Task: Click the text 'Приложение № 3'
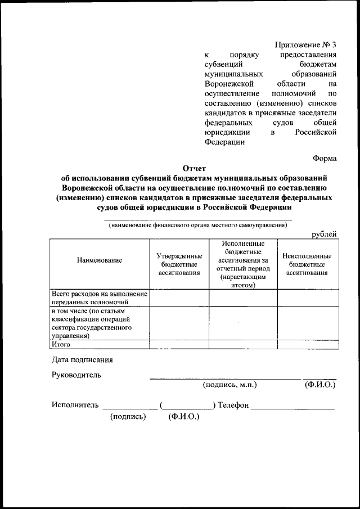coord(305,44)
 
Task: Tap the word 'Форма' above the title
coord(325,158)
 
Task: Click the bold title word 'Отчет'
coord(195,168)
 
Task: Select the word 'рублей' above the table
coord(324,235)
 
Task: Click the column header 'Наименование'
coord(100,260)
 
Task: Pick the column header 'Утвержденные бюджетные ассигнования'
coord(179,264)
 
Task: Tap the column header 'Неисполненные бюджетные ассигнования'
coord(307,264)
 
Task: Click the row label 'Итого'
coord(60,344)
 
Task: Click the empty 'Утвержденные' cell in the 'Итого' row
coord(179,344)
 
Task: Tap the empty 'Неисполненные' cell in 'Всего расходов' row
coord(307,298)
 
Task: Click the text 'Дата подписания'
coord(82,359)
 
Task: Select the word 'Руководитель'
coord(76,375)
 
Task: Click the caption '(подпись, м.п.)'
coord(229,385)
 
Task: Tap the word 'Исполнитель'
coord(75,405)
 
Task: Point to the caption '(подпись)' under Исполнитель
coord(128,417)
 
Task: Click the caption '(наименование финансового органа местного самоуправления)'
coord(198,226)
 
